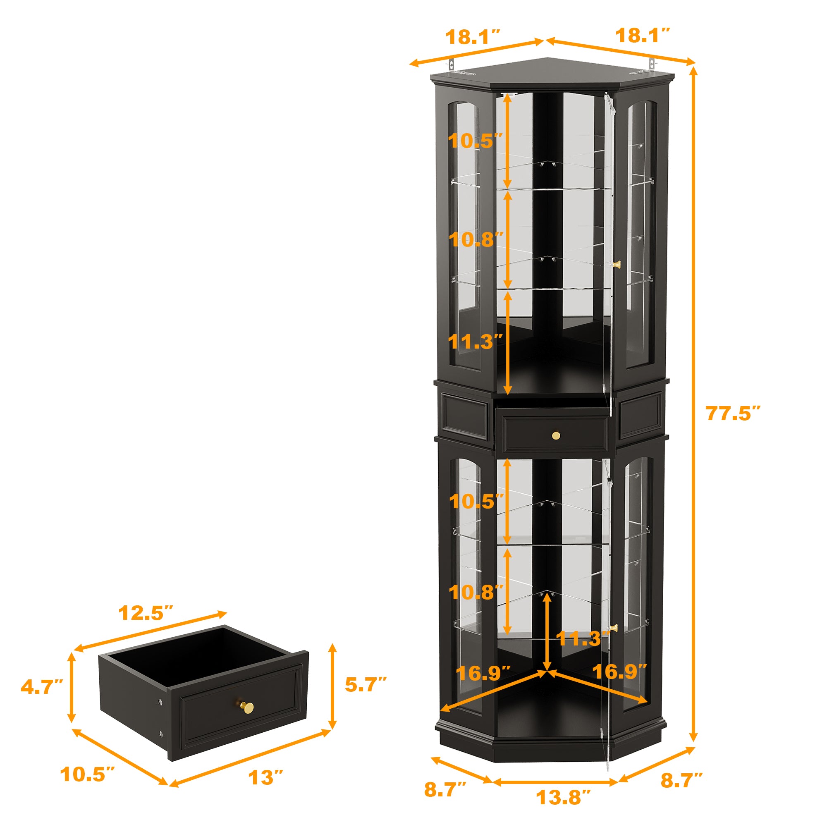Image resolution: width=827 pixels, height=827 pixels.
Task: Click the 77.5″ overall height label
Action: point(732,413)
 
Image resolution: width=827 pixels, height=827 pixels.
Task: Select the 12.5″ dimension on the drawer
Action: point(146,613)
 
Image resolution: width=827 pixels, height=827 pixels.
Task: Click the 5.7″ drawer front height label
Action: point(366,684)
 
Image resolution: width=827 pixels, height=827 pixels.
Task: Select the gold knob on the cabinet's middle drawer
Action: point(556,436)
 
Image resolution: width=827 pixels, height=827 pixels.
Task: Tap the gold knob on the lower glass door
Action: point(614,628)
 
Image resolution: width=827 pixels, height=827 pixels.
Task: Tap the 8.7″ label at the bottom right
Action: point(681,780)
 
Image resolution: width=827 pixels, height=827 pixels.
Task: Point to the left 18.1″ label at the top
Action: point(473,37)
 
